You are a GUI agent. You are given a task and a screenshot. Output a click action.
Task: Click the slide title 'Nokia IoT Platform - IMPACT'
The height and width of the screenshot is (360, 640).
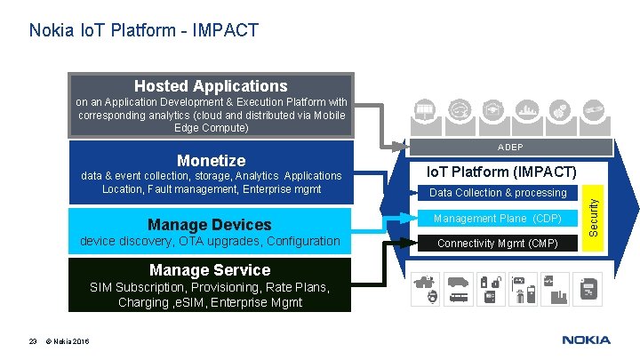pyautogui.click(x=144, y=31)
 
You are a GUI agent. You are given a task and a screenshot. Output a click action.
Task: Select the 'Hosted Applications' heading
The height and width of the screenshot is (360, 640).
pyautogui.click(x=211, y=86)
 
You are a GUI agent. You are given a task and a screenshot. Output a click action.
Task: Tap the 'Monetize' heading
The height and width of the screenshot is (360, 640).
pyautogui.click(x=211, y=160)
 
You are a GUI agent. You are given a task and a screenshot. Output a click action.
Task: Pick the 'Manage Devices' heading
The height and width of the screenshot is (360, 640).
pyautogui.click(x=211, y=224)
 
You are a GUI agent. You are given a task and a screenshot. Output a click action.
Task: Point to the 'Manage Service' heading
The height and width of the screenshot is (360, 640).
pyautogui.click(x=211, y=269)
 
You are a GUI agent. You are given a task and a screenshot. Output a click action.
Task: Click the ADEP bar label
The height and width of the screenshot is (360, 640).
pyautogui.click(x=509, y=147)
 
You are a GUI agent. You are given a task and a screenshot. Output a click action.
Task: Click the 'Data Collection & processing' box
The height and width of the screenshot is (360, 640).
pyautogui.click(x=498, y=193)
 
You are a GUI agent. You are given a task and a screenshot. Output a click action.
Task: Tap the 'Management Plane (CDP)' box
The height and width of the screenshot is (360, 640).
pyautogui.click(x=498, y=219)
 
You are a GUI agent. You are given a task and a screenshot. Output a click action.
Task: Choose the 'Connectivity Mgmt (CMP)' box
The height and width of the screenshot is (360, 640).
pyautogui.click(x=498, y=244)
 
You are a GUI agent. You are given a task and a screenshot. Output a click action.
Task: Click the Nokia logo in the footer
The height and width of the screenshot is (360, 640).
pyautogui.click(x=586, y=340)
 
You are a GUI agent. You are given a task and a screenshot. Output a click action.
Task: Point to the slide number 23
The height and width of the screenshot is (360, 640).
pyautogui.click(x=32, y=340)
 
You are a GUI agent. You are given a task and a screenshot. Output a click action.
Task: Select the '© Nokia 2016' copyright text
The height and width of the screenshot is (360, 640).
pyautogui.click(x=69, y=340)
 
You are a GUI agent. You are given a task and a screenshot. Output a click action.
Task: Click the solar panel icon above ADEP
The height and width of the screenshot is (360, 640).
pyautogui.click(x=424, y=111)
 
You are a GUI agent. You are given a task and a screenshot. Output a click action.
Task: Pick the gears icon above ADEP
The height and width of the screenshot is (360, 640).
pyautogui.click(x=559, y=111)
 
